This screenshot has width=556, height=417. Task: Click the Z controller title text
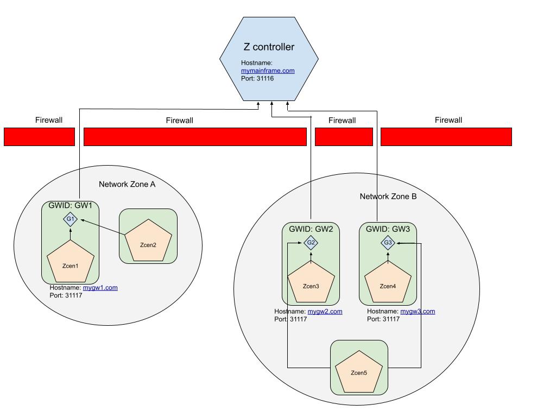click(269, 47)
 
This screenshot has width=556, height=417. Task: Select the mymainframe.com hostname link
click(268, 71)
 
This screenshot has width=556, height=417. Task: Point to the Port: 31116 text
click(257, 78)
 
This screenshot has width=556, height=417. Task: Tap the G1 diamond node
click(70, 219)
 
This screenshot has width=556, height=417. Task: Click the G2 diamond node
click(311, 243)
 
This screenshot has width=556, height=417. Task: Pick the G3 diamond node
click(388, 243)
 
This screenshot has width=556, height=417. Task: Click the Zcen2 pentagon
click(148, 243)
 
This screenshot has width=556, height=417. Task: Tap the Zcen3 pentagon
click(311, 283)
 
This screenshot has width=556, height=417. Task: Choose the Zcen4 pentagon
click(388, 283)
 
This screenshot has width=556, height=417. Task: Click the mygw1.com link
click(100, 288)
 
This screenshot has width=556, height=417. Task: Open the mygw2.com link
click(325, 311)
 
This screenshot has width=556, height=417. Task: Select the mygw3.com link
click(418, 311)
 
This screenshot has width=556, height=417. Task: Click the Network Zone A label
click(127, 184)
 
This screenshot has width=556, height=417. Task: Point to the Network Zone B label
click(388, 196)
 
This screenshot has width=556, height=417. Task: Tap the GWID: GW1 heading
click(70, 206)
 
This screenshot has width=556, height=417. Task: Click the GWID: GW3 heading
click(388, 229)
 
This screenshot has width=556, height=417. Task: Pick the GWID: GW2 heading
click(311, 229)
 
